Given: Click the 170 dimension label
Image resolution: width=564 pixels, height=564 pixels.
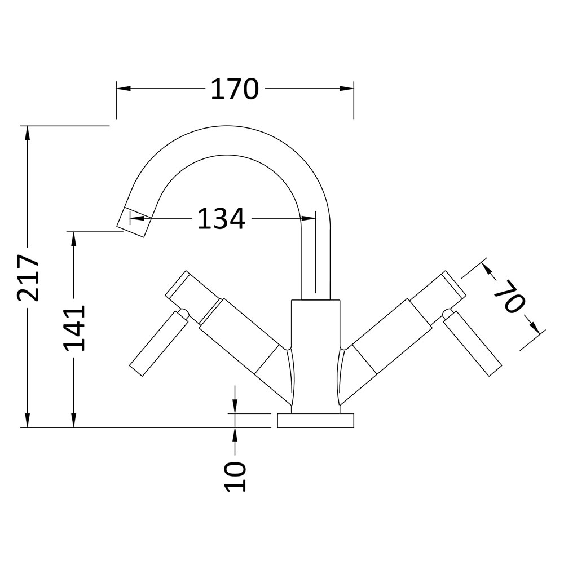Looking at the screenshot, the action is pos(235,89).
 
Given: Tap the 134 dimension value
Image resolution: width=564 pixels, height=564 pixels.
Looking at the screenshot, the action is pos(222,218).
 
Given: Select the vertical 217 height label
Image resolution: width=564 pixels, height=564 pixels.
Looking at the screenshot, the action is pos(28,277).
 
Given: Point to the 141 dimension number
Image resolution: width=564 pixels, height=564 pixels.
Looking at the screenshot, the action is pos(74,328).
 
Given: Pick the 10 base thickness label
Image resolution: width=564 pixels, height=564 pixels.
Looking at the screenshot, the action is pos(235,477).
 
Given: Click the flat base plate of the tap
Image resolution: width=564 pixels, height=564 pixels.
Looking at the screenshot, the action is pos(315,421).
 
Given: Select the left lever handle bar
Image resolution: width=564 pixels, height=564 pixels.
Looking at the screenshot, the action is pos(158,343).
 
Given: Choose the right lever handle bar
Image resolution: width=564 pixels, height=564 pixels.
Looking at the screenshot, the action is pos(472,343).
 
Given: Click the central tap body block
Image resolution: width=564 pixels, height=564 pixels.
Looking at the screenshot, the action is pos(315,356).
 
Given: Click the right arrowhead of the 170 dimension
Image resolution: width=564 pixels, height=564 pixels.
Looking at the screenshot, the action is pos(347,89).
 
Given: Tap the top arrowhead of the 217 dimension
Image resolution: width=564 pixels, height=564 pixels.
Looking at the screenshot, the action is pos(27,133).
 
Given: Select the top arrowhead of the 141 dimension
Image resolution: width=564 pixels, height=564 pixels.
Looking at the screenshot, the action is pos(74,239).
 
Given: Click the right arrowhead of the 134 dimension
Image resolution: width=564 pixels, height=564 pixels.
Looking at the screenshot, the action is pos(309,218).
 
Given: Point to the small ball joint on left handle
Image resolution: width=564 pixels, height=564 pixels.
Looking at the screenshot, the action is pos(183,313).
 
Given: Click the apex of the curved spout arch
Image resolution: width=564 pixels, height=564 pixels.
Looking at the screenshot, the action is pos(227,126).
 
